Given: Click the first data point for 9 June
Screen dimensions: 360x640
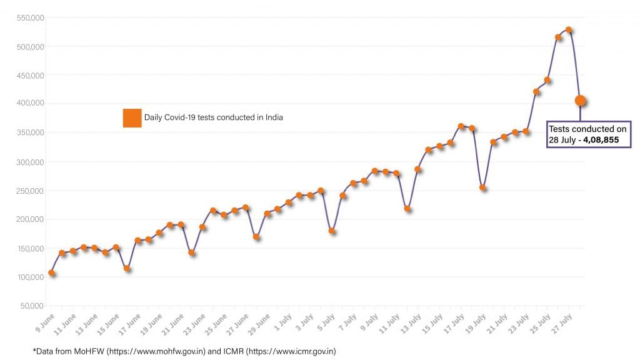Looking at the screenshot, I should [51, 272].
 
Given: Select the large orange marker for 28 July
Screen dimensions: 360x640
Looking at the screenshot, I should [580, 101].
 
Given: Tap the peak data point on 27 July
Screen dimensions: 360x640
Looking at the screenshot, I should [569, 29].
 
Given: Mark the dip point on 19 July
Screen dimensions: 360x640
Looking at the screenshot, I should [482, 187].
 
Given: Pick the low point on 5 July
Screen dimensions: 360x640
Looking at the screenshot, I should [332, 231].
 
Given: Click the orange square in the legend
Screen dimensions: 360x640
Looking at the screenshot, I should [132, 117].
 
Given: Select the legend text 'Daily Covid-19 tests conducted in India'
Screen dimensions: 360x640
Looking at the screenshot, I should [214, 117].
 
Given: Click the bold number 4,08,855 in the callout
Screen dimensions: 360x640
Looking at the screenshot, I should [601, 140].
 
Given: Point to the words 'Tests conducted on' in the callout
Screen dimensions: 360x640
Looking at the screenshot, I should [587, 129].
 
